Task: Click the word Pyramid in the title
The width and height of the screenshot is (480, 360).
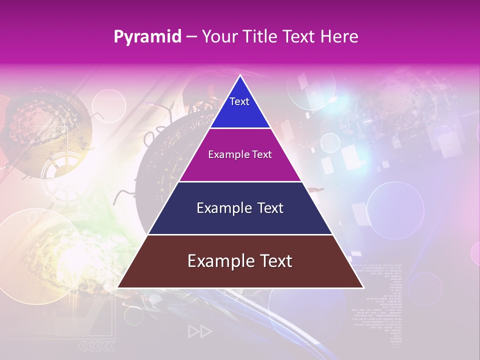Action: [x=147, y=37]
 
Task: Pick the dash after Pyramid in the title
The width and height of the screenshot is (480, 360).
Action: [x=191, y=37]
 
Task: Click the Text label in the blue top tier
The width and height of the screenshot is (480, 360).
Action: [x=239, y=101]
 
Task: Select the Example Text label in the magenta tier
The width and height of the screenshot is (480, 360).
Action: [x=240, y=154]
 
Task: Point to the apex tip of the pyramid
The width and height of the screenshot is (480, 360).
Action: [x=240, y=76]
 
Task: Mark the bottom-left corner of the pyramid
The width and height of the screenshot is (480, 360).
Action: [x=118, y=287]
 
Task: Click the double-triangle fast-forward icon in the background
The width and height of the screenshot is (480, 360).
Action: [x=200, y=331]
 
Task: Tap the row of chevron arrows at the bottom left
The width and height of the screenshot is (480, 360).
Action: [x=97, y=346]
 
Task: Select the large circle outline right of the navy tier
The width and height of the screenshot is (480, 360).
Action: [x=395, y=210]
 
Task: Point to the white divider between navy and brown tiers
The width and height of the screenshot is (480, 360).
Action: [x=240, y=234]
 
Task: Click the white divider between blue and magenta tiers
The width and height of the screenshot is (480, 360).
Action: [x=240, y=128]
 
